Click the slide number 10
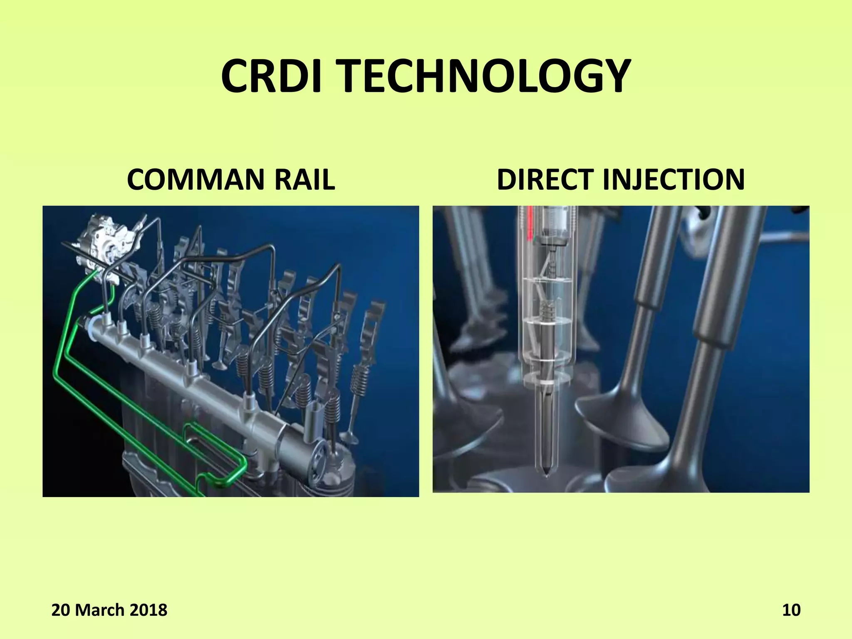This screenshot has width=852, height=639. [x=791, y=610]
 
